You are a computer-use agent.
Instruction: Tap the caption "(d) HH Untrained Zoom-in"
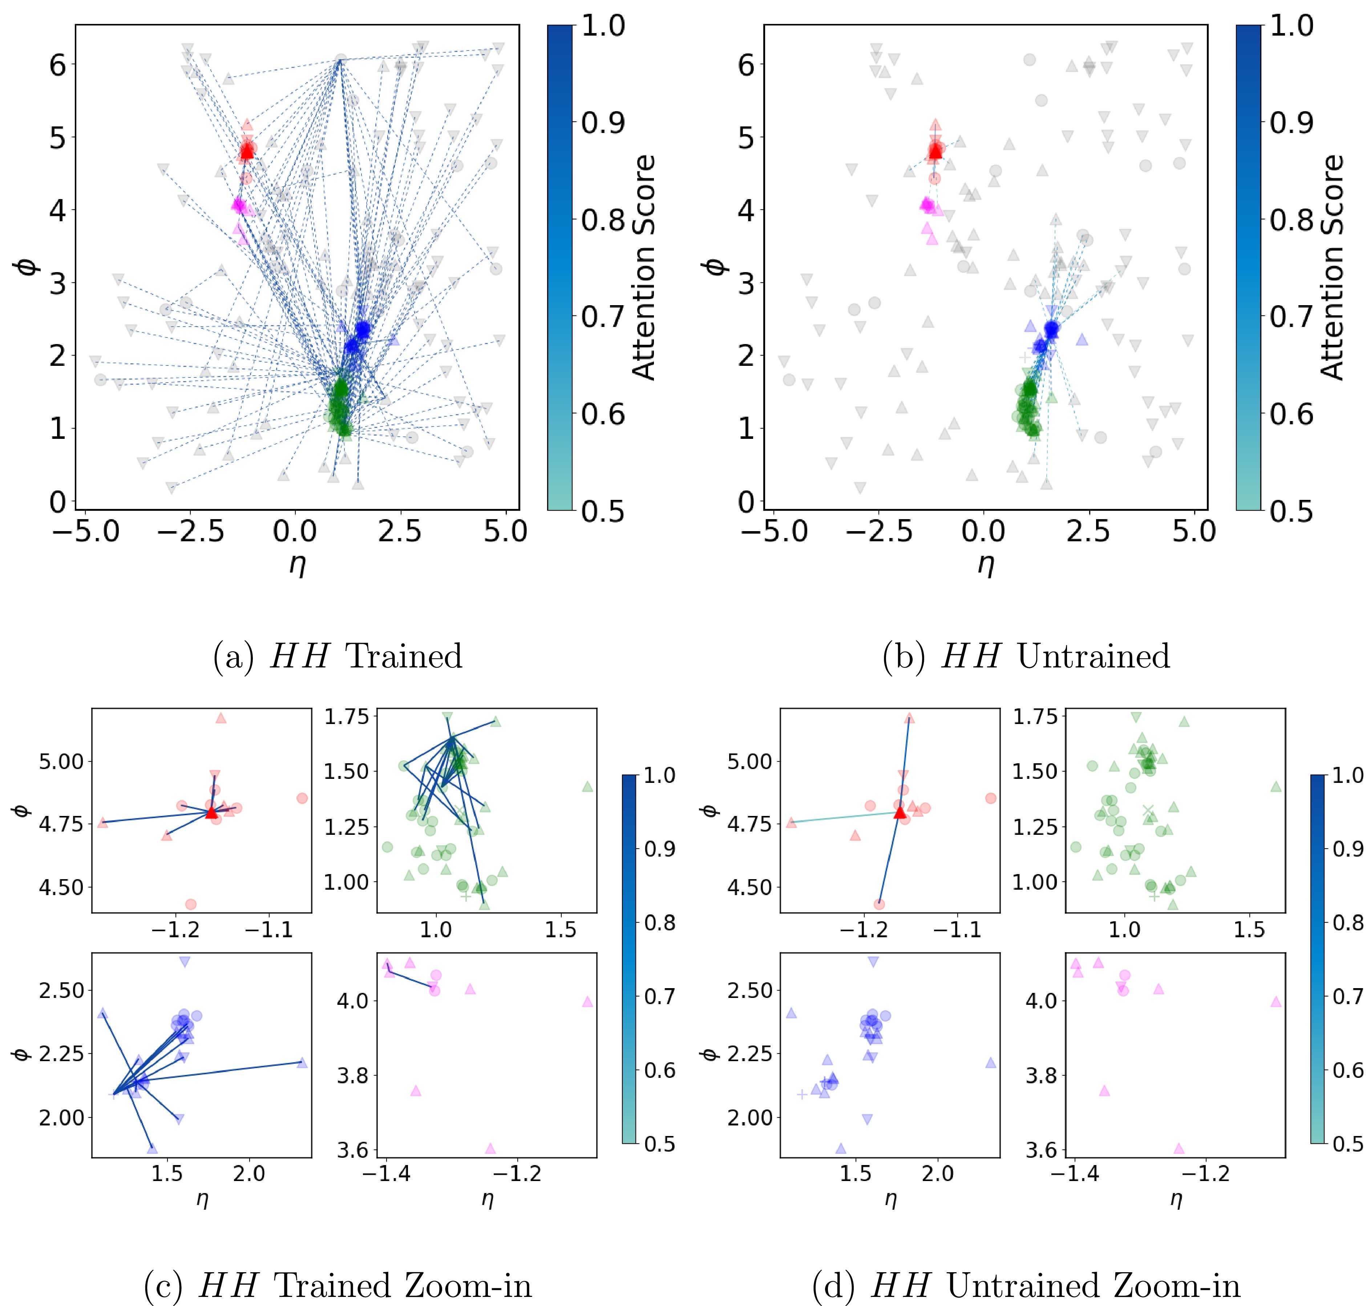coord(1026,1286)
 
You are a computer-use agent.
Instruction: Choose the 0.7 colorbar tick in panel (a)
coord(603,317)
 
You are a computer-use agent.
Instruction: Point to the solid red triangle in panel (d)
coord(900,812)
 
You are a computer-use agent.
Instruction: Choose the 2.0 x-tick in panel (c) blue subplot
coord(248,1174)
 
